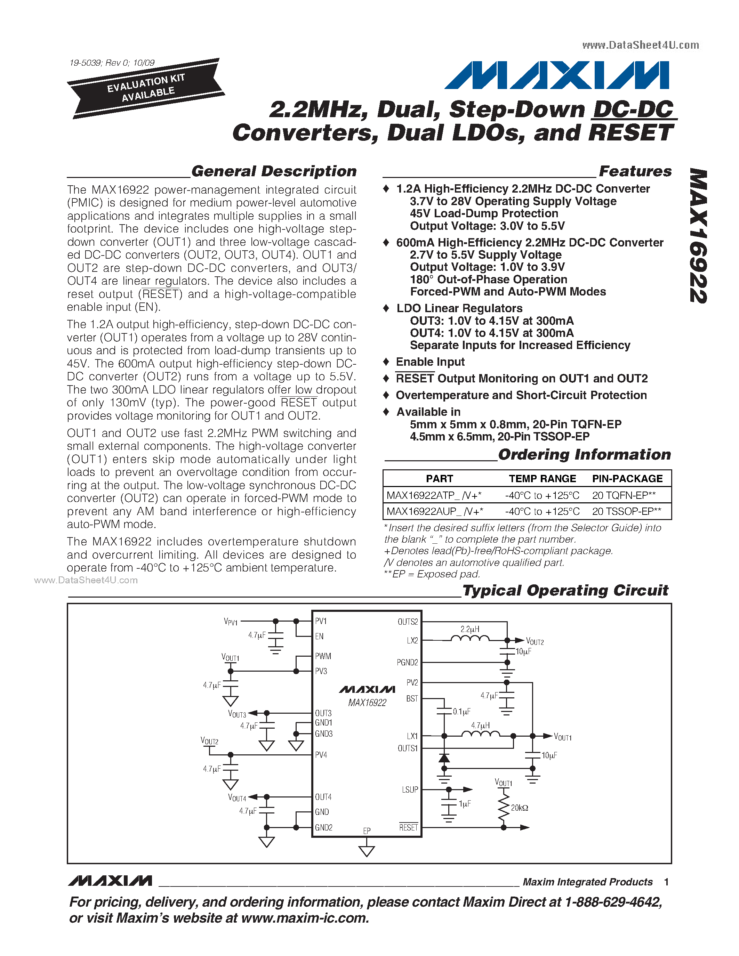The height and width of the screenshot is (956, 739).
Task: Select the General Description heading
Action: [274, 171]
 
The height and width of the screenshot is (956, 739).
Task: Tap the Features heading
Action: [635, 171]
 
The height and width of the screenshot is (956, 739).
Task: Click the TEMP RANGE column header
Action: [542, 478]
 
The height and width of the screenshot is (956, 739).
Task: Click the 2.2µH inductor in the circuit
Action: [470, 638]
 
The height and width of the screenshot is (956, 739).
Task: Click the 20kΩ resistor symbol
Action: [504, 808]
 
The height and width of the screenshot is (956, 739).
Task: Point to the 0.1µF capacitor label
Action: [461, 712]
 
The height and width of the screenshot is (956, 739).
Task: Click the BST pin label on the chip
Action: [411, 699]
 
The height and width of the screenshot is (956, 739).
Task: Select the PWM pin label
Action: [323, 656]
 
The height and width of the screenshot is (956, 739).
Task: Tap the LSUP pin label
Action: [410, 790]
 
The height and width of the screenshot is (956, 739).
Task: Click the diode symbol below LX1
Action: [444, 758]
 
